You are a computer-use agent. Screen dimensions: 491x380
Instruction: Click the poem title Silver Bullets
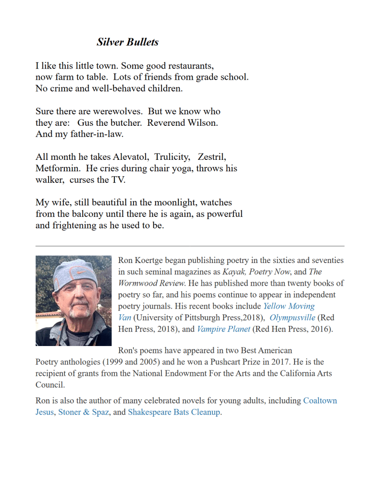click(x=127, y=42)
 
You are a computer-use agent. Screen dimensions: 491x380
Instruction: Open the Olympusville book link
click(x=293, y=318)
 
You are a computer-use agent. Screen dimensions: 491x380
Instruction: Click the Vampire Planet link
click(x=223, y=329)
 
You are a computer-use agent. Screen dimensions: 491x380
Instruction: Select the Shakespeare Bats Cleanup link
click(x=173, y=412)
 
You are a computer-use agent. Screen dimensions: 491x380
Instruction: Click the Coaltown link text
click(x=320, y=401)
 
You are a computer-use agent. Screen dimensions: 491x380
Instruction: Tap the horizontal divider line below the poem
click(x=190, y=246)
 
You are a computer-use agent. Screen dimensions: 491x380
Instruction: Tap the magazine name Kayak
click(x=233, y=272)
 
